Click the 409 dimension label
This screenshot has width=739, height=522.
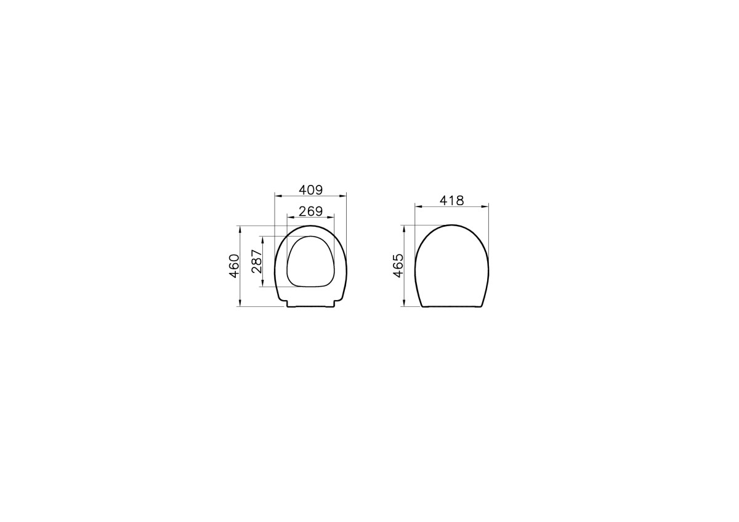(310, 189)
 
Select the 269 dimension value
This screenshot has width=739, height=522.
(310, 211)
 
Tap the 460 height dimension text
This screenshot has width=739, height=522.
(234, 266)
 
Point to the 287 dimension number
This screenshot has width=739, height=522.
(257, 261)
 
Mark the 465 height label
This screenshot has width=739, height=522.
(398, 266)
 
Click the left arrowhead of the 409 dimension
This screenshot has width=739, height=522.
(277, 196)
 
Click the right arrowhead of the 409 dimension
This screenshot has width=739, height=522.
(344, 196)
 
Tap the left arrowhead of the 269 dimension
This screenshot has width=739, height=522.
(290, 218)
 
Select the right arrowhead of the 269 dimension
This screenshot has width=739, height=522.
(331, 218)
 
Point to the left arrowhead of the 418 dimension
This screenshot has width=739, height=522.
(418, 206)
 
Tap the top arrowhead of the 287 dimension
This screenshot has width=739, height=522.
(263, 239)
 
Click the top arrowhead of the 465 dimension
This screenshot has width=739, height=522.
(404, 227)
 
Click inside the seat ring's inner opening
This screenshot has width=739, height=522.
(310, 262)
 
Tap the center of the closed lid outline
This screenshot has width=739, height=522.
(451, 266)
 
